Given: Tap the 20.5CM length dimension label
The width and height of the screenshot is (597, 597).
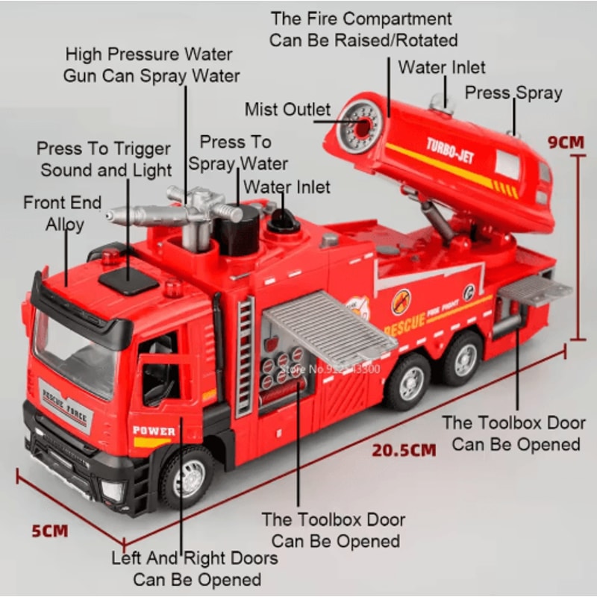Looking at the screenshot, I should (404, 450).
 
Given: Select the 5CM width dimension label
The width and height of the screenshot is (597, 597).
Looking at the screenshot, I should (49, 531).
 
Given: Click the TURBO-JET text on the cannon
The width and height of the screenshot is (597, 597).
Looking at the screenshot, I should (450, 150).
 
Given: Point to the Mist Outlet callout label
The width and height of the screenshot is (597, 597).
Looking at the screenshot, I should (287, 110).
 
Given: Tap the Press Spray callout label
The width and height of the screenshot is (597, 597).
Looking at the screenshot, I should (513, 93).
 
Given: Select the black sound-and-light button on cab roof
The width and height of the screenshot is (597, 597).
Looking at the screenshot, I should (128, 280).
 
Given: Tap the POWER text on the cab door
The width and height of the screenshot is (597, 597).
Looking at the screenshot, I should (154, 431).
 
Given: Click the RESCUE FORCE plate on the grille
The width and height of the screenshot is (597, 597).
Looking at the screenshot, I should (65, 404).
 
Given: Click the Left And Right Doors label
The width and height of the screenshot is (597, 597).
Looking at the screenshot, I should (195, 568).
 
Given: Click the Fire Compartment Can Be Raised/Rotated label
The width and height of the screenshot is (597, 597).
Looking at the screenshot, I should (362, 28).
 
